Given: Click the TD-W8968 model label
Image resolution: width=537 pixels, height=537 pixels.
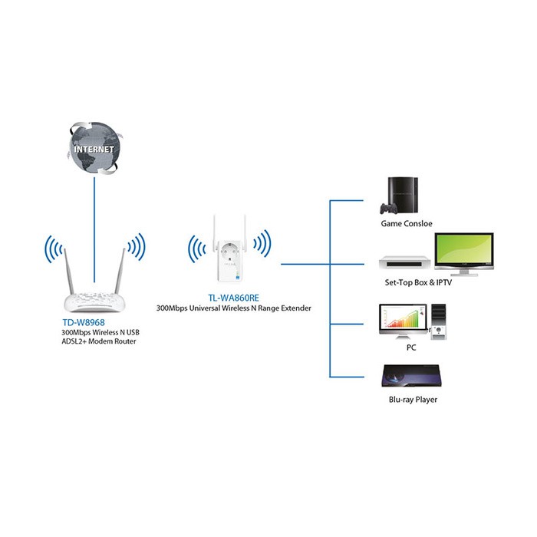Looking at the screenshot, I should click(x=84, y=323).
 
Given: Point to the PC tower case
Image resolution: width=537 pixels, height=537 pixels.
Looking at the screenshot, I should click(x=439, y=321).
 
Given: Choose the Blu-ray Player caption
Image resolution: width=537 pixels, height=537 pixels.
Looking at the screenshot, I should click(x=413, y=400).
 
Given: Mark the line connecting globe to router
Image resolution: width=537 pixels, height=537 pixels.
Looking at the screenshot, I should click(x=94, y=230).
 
